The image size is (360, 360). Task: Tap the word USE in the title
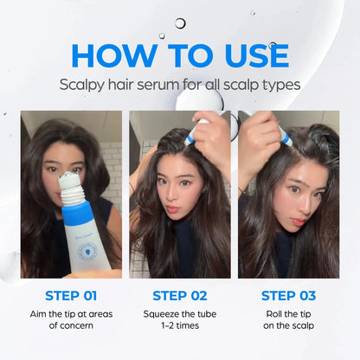point(246,55)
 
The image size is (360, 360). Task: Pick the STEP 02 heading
point(179,295)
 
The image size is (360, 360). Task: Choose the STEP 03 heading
point(289,295)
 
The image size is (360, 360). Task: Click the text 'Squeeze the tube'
point(179,313)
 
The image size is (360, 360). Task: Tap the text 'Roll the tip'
point(289,313)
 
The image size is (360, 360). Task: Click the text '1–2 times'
point(179,328)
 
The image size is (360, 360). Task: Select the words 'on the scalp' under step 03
point(289,328)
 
